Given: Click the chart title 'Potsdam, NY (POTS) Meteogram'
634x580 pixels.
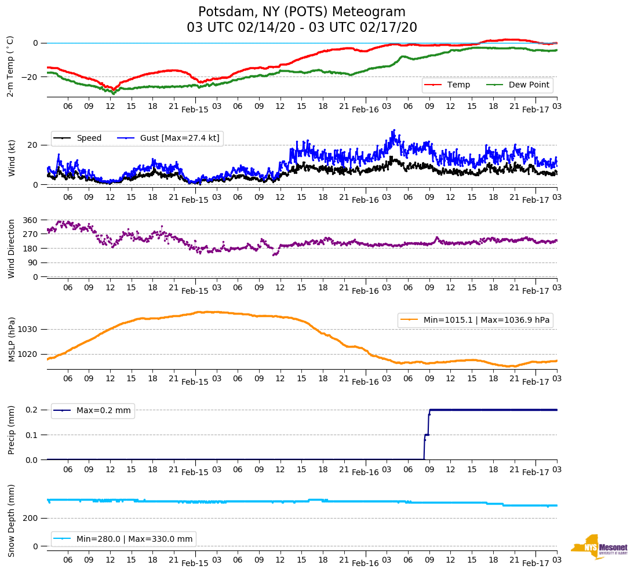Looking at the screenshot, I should (x=302, y=12).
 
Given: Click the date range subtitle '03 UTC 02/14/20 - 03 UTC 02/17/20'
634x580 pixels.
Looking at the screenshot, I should (x=302, y=28).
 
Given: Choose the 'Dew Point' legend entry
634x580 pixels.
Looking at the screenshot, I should (x=529, y=85).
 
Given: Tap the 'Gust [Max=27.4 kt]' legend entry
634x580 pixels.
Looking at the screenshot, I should (x=180, y=138).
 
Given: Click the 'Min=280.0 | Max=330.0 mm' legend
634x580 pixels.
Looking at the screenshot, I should (x=134, y=539).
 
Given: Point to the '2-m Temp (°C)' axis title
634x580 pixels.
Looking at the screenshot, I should (x=10, y=65).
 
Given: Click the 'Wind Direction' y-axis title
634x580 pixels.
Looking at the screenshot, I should (x=11, y=249).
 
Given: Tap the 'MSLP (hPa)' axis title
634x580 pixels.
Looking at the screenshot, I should (x=11, y=340).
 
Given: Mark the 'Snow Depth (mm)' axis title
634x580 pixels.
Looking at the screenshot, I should (x=11, y=520).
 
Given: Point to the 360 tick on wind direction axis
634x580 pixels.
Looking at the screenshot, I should (x=30, y=220).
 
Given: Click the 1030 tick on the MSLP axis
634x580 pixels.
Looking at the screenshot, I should (x=28, y=330).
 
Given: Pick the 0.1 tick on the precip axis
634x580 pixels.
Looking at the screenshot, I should (x=32, y=435).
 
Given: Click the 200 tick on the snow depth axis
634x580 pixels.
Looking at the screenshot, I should (x=30, y=518).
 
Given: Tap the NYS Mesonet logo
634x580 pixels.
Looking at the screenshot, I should (x=599, y=547).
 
